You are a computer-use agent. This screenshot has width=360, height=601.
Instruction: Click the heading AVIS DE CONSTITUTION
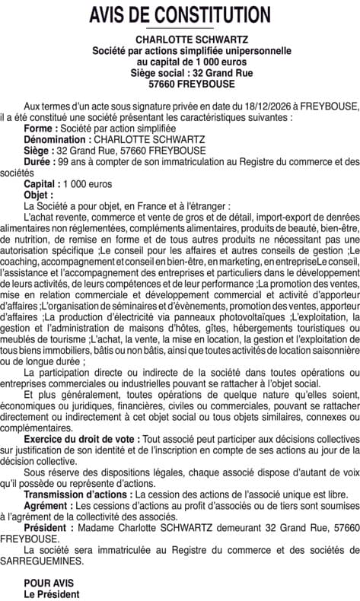(180, 14)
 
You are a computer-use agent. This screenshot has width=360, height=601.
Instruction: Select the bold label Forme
(40, 129)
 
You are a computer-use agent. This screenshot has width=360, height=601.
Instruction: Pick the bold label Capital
(42, 184)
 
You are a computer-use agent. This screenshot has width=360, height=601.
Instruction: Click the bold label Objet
(39, 195)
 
